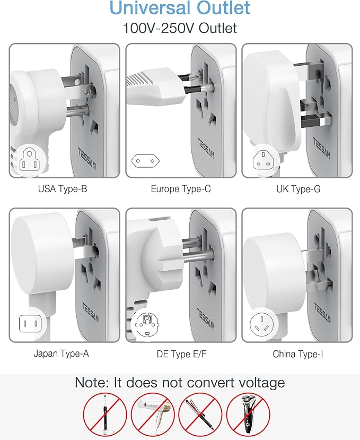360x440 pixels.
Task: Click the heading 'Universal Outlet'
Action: click(180, 8)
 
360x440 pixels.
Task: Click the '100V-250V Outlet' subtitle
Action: click(180, 28)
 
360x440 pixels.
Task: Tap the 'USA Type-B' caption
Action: click(63, 188)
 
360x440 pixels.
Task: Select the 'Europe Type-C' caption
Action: click(181, 188)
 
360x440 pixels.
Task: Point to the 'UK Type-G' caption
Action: click(298, 188)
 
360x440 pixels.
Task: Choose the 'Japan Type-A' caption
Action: click(63, 353)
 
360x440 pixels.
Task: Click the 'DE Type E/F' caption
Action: click(181, 353)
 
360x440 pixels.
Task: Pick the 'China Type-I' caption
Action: click(298, 353)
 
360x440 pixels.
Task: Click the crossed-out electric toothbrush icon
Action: click(105, 415)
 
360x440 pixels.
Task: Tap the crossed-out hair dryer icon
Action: click(153, 415)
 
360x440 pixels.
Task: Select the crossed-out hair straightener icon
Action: click(200, 415)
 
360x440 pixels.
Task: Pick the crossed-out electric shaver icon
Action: click(248, 415)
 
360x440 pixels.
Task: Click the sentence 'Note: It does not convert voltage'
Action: click(180, 382)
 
